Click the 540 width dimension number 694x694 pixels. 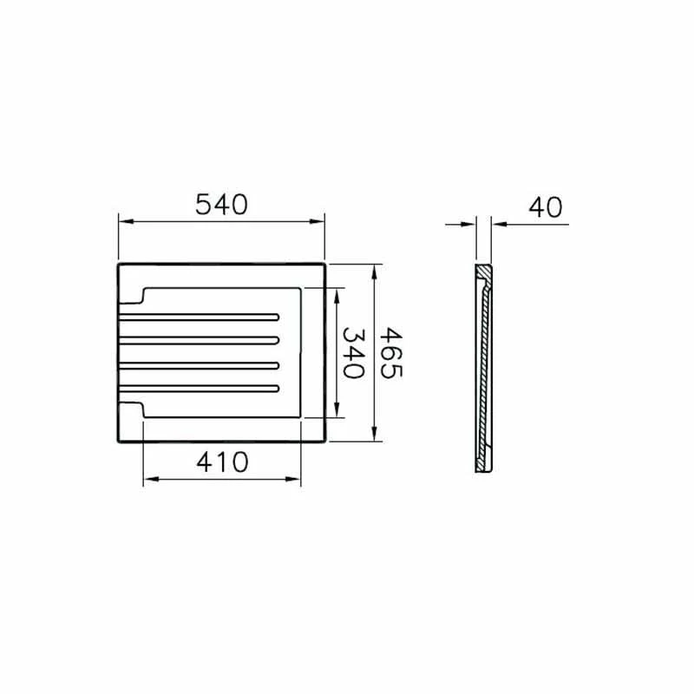(x=221, y=205)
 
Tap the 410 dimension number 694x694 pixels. (x=222, y=462)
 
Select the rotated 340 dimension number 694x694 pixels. (x=350, y=351)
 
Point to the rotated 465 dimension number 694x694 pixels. (x=392, y=351)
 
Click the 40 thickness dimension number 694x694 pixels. (x=545, y=207)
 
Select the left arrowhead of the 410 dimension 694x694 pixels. (x=148, y=479)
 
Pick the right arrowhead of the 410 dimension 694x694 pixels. (x=296, y=479)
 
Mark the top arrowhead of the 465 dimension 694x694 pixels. (x=374, y=271)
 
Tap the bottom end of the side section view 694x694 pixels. (x=484, y=467)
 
